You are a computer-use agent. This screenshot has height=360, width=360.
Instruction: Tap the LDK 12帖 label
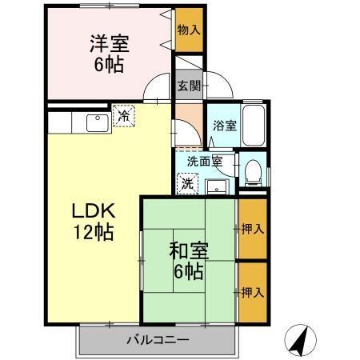pos(94,222)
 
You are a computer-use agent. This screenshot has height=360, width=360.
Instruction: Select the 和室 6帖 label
pos(189,258)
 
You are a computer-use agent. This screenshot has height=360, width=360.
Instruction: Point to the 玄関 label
pos(189,86)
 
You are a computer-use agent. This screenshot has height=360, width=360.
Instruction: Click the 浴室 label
pos(224,126)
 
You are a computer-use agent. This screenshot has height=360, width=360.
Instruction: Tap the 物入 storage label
pos(190,30)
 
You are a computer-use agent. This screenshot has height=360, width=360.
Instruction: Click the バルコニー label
pos(158,340)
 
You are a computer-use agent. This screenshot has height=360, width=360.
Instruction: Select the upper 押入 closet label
pos(253,229)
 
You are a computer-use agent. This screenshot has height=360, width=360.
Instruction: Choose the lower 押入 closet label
pos(253,292)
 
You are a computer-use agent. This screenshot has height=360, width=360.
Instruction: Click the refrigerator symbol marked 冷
pos(124,116)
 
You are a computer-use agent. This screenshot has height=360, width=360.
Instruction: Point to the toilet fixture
pos(252,169)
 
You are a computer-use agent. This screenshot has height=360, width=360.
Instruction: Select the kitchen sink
pos(97,122)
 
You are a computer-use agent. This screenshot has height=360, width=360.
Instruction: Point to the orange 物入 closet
pos(190,30)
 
